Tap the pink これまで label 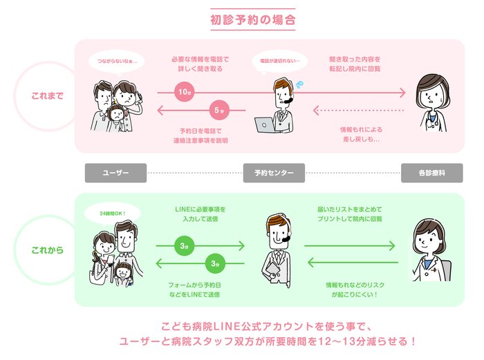click(47, 96)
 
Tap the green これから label click(47, 249)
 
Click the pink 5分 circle click(218, 110)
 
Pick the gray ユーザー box click(115, 173)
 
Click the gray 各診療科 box click(432, 173)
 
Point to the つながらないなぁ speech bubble click(117, 61)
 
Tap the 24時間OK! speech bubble click(111, 213)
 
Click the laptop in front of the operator click(266, 125)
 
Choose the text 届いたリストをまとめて click(353, 209)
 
